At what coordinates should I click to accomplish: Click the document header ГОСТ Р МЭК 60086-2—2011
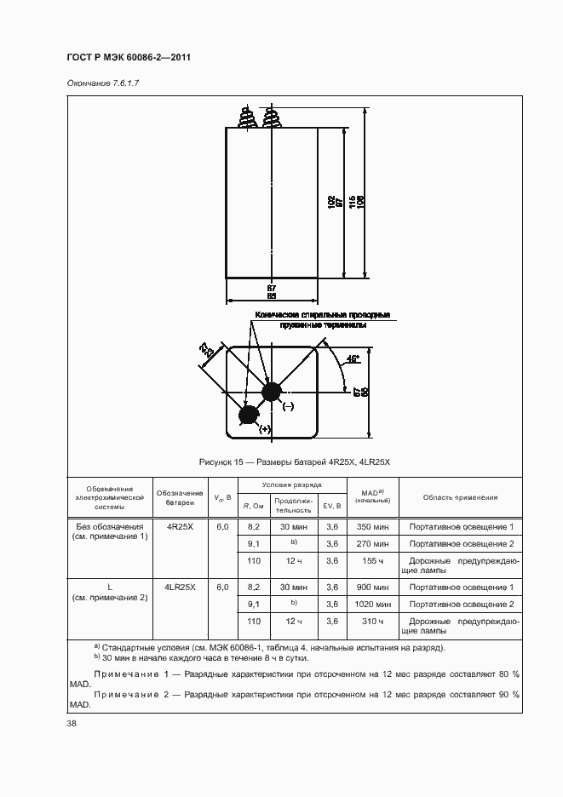tap(128, 58)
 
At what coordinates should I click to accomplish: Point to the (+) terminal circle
tap(249, 415)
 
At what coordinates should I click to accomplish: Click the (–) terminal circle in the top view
tap(272, 393)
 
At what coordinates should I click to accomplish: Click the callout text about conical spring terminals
tap(320, 320)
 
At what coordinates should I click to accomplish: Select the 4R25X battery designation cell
tap(180, 527)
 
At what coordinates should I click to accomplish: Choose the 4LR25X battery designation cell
tap(180, 587)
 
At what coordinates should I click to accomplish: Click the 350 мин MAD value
tap(372, 527)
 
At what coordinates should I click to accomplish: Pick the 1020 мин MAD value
tap(372, 604)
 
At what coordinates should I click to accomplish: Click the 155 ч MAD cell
tap(372, 561)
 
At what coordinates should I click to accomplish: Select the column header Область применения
tap(461, 497)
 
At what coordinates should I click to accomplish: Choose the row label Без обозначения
tap(109, 527)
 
